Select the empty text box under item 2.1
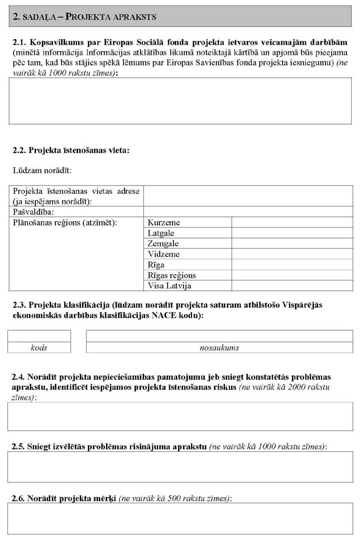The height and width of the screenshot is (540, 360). (x=180, y=101)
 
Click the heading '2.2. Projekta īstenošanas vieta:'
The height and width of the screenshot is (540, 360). (x=71, y=150)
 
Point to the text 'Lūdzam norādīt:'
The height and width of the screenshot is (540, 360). (x=42, y=170)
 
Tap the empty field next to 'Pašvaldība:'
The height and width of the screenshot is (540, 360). (x=248, y=212)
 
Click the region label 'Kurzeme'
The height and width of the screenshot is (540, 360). (x=164, y=223)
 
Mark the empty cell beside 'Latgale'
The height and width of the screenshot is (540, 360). (x=292, y=233)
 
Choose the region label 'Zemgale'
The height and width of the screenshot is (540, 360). (x=163, y=243)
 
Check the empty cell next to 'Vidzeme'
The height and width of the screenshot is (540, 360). (x=292, y=254)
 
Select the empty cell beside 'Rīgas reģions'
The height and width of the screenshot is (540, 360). (x=292, y=275)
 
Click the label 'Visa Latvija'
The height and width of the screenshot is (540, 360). (x=169, y=285)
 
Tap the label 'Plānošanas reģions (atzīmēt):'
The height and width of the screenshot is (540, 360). (x=65, y=223)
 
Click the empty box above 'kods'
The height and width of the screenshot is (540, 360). (x=39, y=336)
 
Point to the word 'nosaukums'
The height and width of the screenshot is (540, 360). (x=219, y=347)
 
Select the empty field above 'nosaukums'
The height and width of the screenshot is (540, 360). (x=219, y=336)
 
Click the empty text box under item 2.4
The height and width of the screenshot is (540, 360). (x=180, y=416)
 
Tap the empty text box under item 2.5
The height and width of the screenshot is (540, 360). (x=180, y=466)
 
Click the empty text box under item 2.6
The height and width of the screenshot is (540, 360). (x=180, y=518)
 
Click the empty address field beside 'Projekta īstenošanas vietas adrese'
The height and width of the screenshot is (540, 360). (x=248, y=196)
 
